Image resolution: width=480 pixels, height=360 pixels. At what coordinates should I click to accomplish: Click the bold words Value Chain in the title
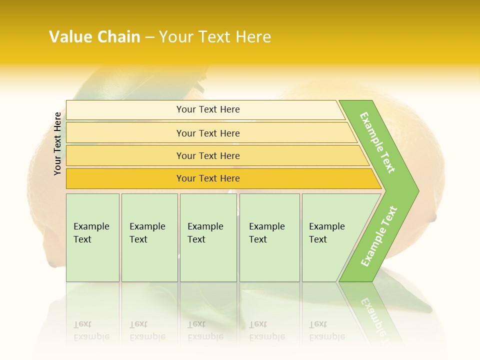[94, 37]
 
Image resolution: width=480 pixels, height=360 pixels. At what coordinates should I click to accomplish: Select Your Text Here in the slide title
[215, 37]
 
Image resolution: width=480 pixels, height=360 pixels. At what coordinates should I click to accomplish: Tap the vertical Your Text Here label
[57, 143]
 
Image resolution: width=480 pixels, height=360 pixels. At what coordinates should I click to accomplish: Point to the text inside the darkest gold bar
[208, 178]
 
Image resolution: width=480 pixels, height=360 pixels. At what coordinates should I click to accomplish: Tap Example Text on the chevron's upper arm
[377, 143]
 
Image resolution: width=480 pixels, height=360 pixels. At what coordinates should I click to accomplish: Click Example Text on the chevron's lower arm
[379, 236]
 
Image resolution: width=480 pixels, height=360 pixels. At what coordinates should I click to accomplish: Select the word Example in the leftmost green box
[91, 226]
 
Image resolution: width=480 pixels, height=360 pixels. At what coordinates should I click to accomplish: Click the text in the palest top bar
[208, 109]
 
